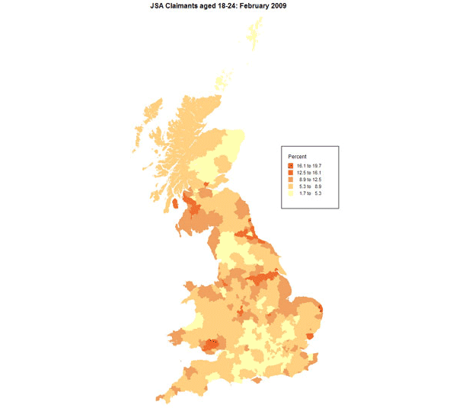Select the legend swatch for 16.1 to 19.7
(x=291, y=166)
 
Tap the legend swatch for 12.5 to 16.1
(x=291, y=173)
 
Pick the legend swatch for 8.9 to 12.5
(x=291, y=180)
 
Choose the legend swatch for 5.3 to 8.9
(x=291, y=186)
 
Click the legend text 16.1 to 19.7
(x=310, y=166)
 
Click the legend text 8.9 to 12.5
(x=310, y=180)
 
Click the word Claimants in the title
(x=189, y=5)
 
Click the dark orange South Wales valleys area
(x=211, y=345)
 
